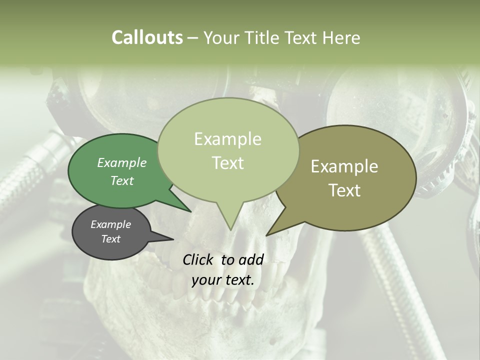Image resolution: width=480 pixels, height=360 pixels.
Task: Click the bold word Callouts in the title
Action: tap(147, 37)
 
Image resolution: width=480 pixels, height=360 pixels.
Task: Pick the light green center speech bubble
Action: tap(228, 150)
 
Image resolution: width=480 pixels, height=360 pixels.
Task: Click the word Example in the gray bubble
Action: tap(110, 224)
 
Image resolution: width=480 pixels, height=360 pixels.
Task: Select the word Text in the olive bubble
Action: tap(344, 190)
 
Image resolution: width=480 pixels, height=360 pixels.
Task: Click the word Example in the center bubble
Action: tap(227, 139)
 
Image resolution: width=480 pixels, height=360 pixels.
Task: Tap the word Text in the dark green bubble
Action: tap(122, 181)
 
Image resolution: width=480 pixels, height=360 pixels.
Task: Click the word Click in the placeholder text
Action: tap(199, 259)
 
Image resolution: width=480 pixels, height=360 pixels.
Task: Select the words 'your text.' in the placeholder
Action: tap(223, 280)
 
